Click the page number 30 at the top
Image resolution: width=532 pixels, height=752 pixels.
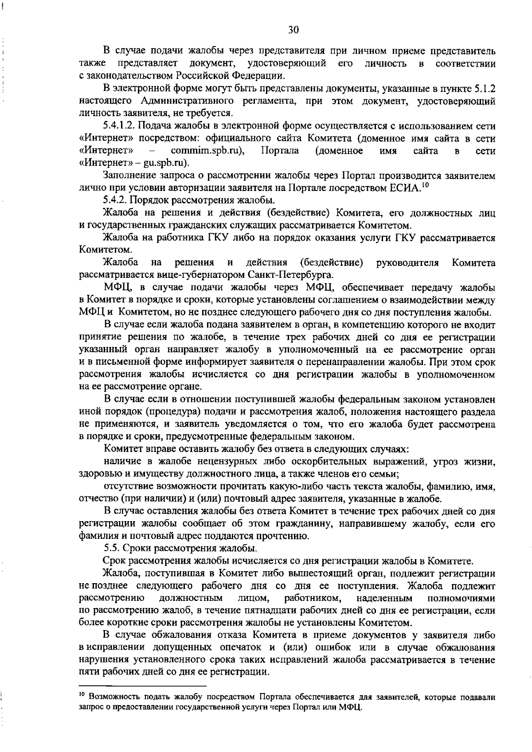293,30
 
